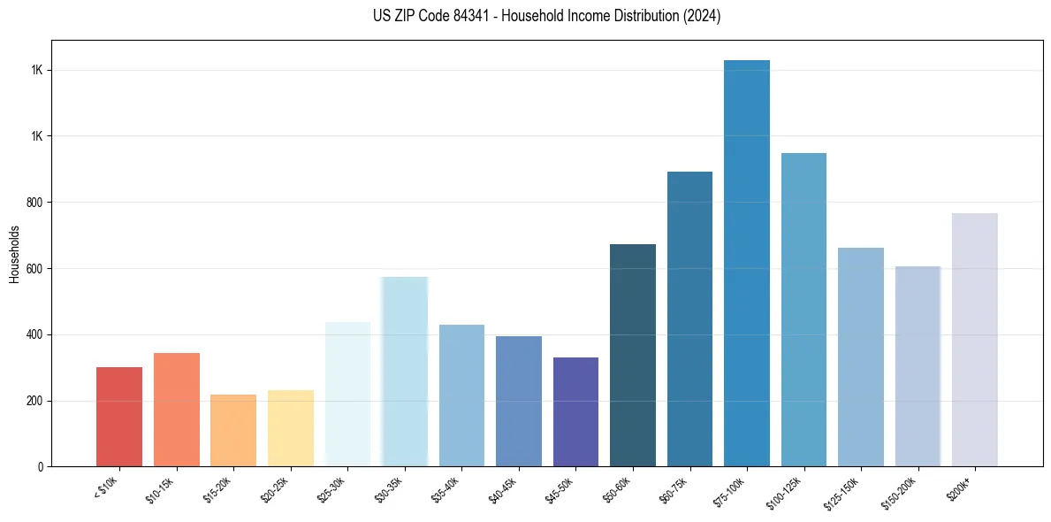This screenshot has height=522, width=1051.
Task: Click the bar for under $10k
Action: click(x=119, y=417)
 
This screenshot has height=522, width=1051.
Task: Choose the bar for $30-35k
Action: click(x=405, y=372)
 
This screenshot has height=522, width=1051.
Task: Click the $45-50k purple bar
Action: click(x=575, y=412)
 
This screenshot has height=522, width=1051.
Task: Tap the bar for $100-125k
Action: click(x=803, y=310)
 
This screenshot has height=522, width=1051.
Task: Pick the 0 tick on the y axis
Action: click(x=40, y=467)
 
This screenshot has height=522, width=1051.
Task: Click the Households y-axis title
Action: click(x=14, y=254)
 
